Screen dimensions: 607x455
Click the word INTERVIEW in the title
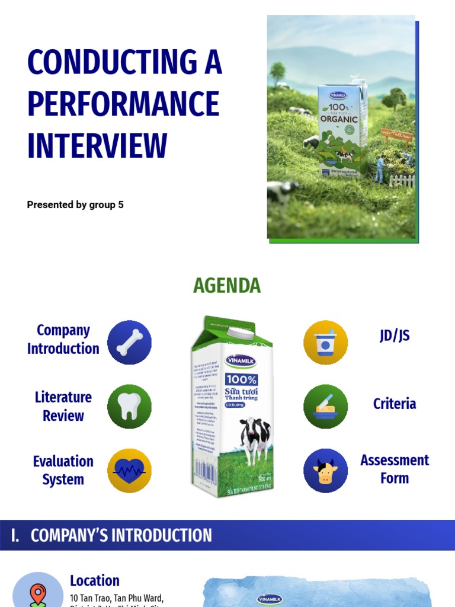(97, 145)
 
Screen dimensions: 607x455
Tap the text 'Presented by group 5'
(75, 205)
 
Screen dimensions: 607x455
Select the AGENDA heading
(227, 286)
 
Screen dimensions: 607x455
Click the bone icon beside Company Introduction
(129, 343)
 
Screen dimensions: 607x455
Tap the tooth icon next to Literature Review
(129, 407)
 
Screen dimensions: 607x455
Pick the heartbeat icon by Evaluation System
(129, 471)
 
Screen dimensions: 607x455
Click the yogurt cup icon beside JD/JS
(325, 343)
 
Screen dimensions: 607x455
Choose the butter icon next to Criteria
(325, 407)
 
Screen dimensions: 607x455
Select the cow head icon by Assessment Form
(325, 471)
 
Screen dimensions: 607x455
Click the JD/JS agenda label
(395, 336)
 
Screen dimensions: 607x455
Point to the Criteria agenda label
(395, 404)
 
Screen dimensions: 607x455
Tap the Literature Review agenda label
(63, 406)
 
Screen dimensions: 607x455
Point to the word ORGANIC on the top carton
(339, 118)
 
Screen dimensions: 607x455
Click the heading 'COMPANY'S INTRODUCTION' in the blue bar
(121, 535)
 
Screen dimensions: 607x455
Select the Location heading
(95, 581)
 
